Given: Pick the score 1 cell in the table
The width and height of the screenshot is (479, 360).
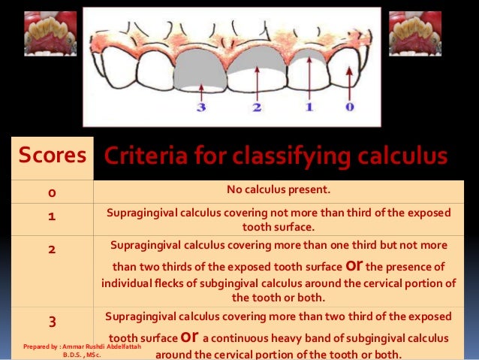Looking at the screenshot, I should point(51,215).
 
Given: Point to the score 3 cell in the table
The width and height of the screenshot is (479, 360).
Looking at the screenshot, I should point(51,322).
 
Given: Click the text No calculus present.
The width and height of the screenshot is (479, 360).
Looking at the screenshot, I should point(279,189).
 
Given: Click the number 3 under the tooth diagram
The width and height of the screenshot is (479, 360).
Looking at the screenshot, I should point(200,107).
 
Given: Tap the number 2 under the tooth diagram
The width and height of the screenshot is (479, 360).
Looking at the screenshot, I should point(257,107).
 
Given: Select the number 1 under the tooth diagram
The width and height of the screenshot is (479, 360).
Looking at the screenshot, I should point(308,107).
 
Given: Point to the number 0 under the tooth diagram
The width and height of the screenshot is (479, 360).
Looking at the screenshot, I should point(349,107).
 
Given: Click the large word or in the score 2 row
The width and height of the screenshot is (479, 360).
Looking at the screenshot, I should point(357,265).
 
